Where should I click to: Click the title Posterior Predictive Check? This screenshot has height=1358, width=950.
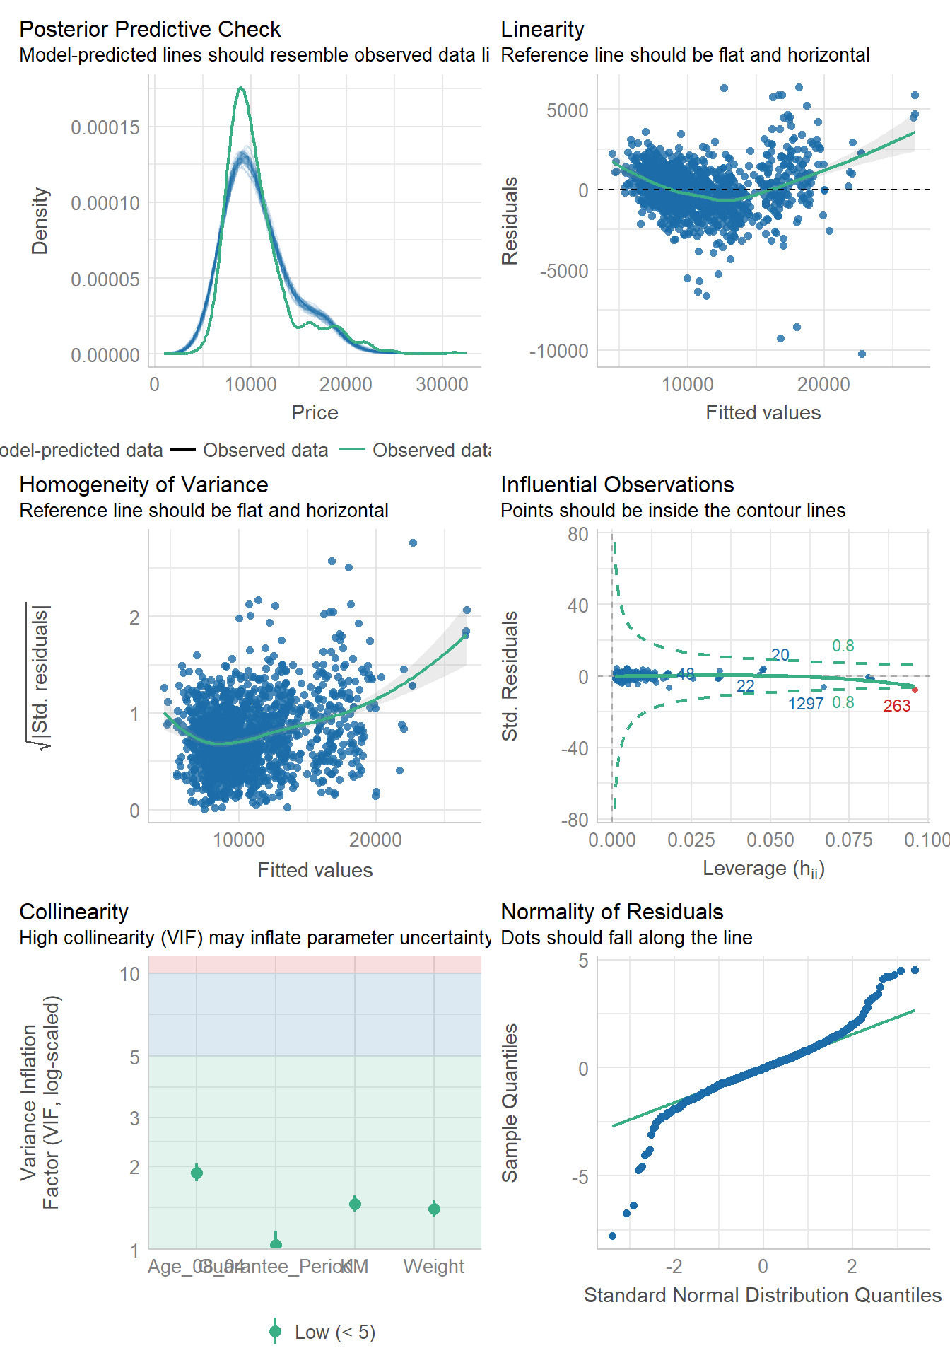click(x=150, y=29)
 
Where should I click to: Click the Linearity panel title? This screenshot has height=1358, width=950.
click(x=542, y=29)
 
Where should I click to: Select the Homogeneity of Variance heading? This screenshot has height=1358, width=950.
click(x=143, y=484)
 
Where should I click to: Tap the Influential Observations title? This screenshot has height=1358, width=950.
click(x=617, y=484)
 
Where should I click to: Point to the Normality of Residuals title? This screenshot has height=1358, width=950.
click(x=612, y=912)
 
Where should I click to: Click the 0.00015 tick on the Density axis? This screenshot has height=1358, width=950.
click(x=105, y=127)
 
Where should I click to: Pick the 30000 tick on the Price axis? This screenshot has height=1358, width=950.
click(x=442, y=385)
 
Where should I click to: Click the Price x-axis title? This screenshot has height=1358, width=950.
click(x=315, y=412)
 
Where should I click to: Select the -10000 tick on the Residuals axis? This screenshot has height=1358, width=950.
click(x=559, y=351)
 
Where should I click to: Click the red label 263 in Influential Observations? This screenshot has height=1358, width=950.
click(x=897, y=706)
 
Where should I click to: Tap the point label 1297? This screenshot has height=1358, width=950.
click(x=806, y=704)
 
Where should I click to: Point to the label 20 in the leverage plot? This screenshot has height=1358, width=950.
click(x=780, y=655)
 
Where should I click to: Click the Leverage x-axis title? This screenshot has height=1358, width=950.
click(x=763, y=869)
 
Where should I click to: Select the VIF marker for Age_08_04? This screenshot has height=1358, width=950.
click(x=197, y=1173)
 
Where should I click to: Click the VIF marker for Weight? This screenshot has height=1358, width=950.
click(x=434, y=1209)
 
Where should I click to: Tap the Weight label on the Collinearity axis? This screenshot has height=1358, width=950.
click(x=433, y=1266)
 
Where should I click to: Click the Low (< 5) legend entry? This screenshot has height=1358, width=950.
click(x=334, y=1333)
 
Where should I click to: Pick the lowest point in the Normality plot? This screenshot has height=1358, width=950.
click(x=612, y=1236)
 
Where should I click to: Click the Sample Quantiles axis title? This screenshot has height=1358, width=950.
click(x=510, y=1103)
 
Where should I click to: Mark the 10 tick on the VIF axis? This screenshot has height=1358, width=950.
click(x=130, y=974)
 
